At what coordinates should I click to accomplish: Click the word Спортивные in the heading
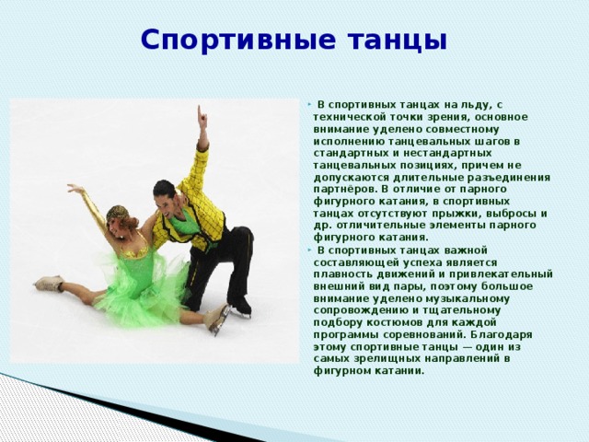click(x=237, y=40)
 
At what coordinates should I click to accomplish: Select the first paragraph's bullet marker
click(x=309, y=104)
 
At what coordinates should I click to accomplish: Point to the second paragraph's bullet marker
click(x=309, y=250)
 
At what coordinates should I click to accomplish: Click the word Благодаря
click(x=501, y=334)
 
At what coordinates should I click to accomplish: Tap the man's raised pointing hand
click(x=202, y=117)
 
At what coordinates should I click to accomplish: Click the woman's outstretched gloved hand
click(x=75, y=188)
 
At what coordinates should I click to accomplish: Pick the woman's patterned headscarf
click(x=117, y=213)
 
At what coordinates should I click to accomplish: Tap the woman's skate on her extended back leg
click(x=49, y=283)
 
